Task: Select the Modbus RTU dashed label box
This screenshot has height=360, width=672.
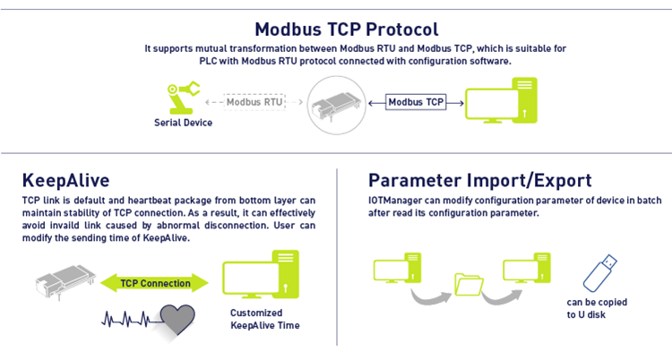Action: pos(254,102)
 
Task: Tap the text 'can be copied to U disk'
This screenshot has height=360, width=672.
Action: pos(598,308)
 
